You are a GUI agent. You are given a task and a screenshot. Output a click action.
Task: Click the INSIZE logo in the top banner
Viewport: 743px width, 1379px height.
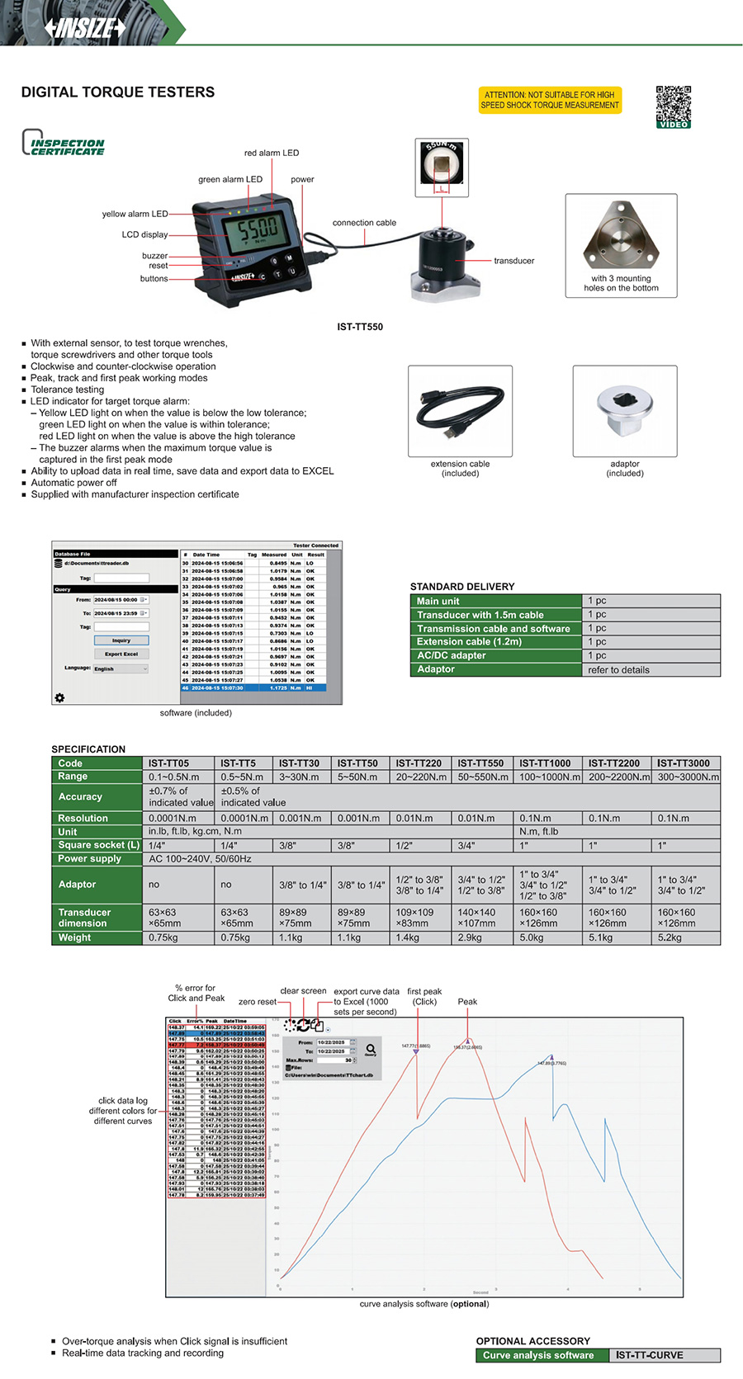pos(85,28)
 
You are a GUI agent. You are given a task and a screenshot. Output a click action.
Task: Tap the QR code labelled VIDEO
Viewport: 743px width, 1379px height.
pos(673,106)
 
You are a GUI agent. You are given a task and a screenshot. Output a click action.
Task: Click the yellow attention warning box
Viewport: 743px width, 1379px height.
pos(549,100)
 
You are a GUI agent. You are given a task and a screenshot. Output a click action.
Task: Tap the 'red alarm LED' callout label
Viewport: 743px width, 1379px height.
pos(271,153)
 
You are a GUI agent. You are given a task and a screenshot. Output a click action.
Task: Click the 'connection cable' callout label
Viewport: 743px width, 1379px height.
pos(364,223)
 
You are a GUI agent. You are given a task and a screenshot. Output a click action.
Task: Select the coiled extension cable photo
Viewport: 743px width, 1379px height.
pos(460,409)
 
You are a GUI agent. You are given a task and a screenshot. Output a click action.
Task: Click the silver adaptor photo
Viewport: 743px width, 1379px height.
pos(625,410)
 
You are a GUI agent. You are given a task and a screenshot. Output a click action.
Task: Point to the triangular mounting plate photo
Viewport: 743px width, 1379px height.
pos(621,237)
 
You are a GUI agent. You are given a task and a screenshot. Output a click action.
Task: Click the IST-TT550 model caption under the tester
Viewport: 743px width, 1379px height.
pos(360,327)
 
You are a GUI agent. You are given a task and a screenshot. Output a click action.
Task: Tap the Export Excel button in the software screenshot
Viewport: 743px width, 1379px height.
pos(121,654)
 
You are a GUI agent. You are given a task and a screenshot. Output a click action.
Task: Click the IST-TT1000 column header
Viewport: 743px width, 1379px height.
pos(545,763)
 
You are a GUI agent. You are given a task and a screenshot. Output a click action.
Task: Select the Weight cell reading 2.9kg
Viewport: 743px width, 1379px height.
pos(470,938)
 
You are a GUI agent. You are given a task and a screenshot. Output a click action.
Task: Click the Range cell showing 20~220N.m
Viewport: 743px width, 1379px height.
pos(421,777)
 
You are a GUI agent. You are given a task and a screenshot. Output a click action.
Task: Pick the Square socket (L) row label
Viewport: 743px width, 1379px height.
pos(98,845)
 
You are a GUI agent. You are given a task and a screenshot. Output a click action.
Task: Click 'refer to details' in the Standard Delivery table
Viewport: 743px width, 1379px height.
pos(618,670)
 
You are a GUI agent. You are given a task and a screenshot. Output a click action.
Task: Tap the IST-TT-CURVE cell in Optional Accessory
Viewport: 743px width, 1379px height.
pos(649,1355)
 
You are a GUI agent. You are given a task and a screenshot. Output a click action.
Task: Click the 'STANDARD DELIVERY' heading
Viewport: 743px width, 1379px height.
pos(462,587)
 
